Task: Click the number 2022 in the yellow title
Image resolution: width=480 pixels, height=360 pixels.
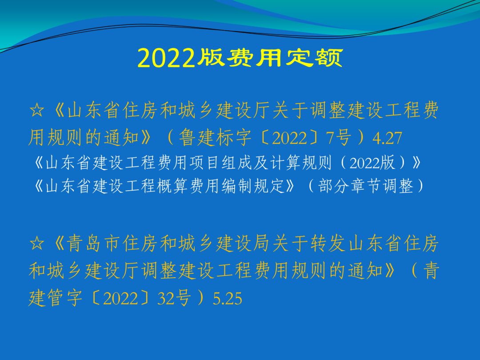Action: point(166,58)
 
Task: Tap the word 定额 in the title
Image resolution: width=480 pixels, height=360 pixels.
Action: point(314,58)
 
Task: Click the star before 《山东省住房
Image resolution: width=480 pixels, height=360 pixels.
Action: point(37,110)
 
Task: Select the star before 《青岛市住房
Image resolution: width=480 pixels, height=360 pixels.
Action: point(37,243)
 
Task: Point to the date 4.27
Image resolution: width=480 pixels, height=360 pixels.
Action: point(387,138)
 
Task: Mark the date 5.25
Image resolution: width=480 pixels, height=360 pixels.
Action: point(228,299)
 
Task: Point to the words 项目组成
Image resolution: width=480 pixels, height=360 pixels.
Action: point(220,163)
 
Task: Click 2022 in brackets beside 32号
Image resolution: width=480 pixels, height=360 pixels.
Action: point(120,299)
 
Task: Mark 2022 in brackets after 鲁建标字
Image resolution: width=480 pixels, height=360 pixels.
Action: point(289,138)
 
